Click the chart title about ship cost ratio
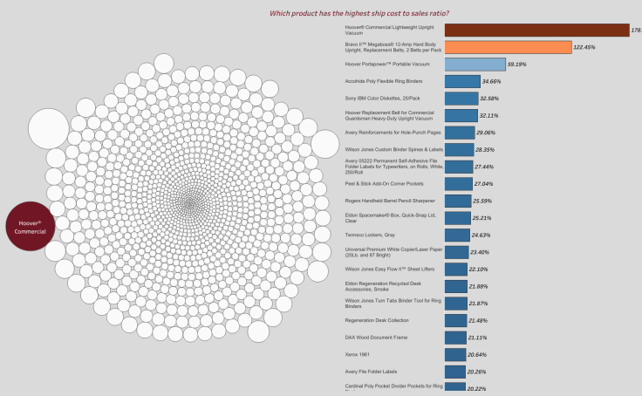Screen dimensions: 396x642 tap(365, 12)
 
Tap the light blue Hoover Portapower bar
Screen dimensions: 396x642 tap(475, 65)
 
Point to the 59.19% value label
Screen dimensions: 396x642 tap(517, 65)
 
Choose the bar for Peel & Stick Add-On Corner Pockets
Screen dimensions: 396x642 tap(457, 184)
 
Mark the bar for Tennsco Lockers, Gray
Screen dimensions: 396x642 tap(456, 236)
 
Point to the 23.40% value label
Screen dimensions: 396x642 tap(480, 252)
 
